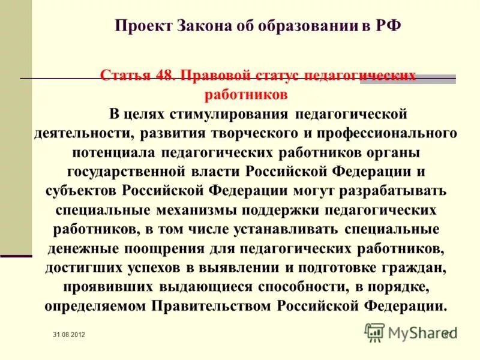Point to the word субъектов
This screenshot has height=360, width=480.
point(82,191)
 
